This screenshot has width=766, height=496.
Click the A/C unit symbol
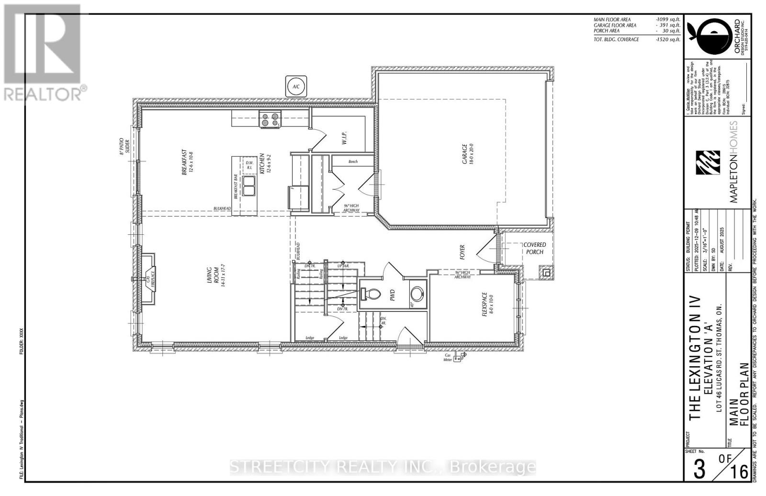point(295,86)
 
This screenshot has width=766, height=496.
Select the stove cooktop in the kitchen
point(270,119)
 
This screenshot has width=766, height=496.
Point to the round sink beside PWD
point(417,293)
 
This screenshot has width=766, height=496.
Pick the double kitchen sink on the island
point(248,186)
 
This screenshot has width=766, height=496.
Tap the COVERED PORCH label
point(534,248)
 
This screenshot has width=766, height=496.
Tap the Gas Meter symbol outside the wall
point(462,356)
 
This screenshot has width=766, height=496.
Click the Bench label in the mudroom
point(353,162)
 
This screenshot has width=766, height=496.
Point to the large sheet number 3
point(699,470)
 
